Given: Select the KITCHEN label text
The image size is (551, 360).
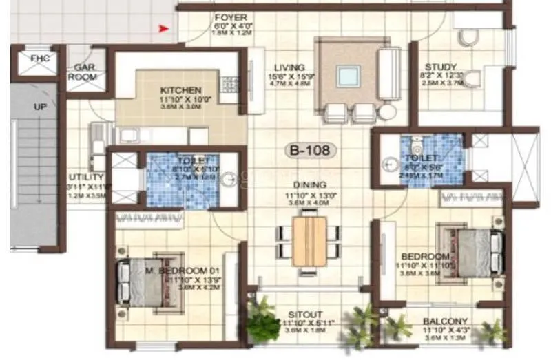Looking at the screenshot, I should [x=180, y=90].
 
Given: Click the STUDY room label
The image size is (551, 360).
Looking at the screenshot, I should [x=439, y=67].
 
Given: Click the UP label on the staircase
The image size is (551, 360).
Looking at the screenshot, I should [x=40, y=107].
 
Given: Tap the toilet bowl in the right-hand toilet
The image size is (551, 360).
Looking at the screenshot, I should [x=415, y=147].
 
